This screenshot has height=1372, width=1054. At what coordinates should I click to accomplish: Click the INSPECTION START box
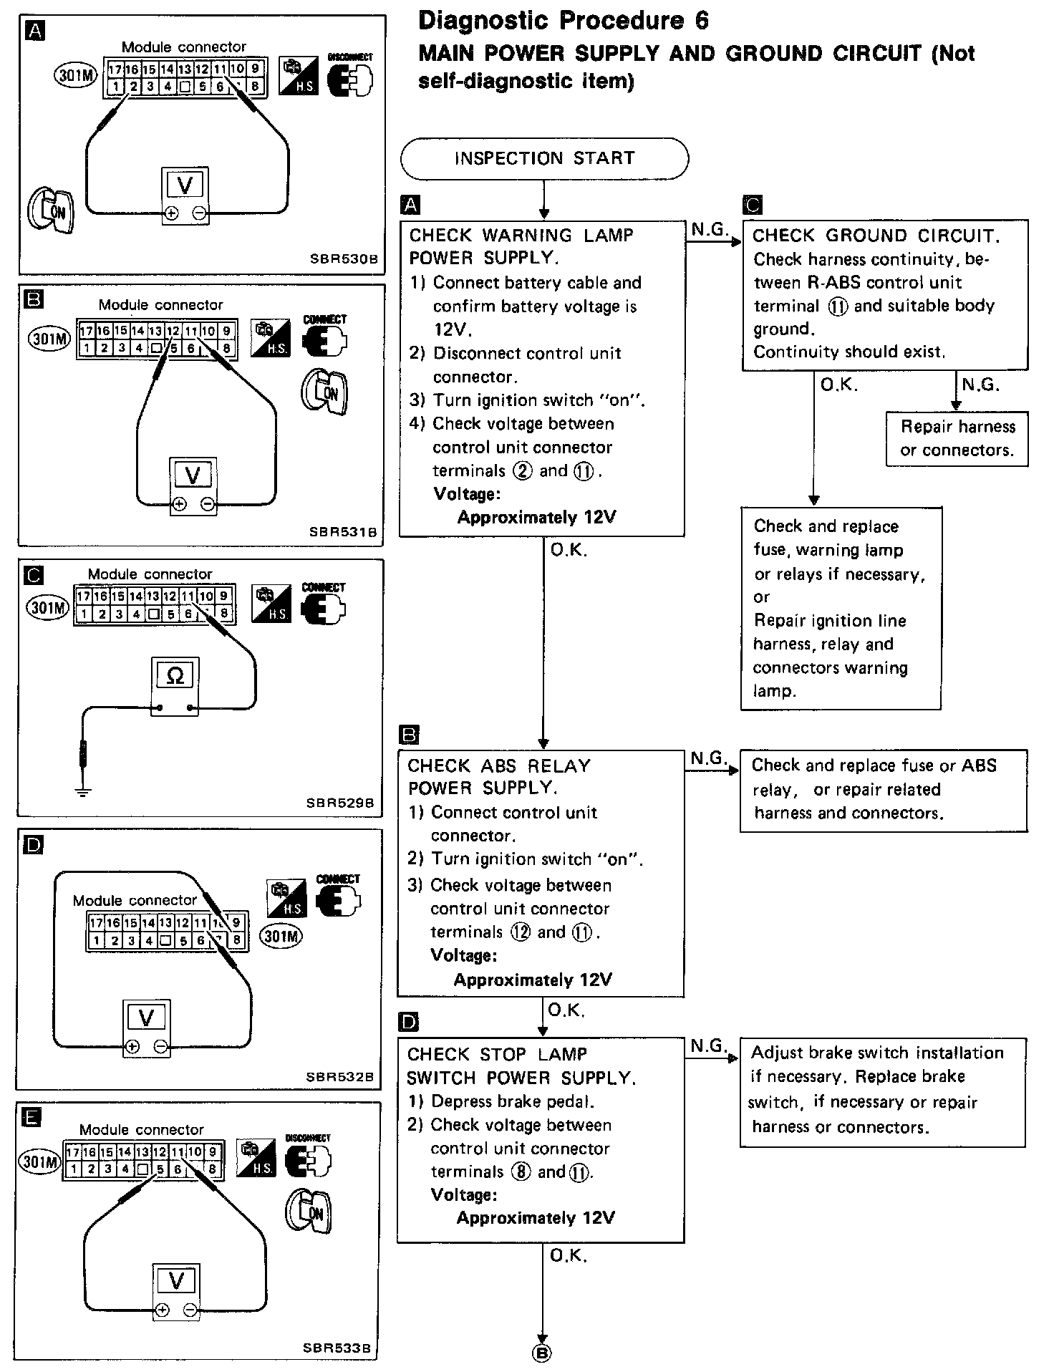(544, 158)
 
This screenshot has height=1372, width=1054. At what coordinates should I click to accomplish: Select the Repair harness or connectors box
(957, 439)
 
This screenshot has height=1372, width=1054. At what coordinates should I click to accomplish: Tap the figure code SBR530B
(344, 259)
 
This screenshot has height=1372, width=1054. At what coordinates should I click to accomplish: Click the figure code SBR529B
(340, 803)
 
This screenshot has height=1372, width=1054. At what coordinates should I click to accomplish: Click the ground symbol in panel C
(83, 791)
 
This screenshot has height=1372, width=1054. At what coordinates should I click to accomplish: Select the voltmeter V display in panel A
(185, 185)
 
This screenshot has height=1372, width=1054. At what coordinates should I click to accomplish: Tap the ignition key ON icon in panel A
(50, 211)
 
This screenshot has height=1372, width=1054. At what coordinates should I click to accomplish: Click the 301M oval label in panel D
(281, 937)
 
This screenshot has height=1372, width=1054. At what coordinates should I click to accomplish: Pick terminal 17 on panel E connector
(72, 1152)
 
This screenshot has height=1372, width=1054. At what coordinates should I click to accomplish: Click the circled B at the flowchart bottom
(542, 1353)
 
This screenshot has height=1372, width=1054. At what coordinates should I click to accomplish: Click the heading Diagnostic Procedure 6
(563, 21)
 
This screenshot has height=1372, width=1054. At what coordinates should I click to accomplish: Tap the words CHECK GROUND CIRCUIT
(876, 236)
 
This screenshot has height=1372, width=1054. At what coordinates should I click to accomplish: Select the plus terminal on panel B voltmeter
(179, 504)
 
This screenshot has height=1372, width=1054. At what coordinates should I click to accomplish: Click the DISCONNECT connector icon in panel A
(350, 75)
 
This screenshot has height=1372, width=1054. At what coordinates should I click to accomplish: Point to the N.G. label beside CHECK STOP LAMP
(709, 1046)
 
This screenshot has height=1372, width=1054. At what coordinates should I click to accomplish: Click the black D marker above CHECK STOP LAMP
(408, 1022)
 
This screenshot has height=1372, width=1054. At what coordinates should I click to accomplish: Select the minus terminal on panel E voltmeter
(190, 1310)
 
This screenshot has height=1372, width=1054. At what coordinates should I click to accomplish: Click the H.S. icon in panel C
(271, 603)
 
